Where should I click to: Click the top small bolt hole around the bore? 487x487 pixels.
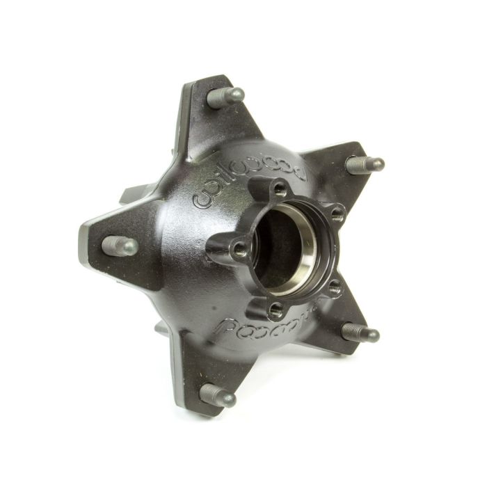[x=279, y=188]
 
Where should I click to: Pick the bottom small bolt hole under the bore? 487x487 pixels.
[x=277, y=307]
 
